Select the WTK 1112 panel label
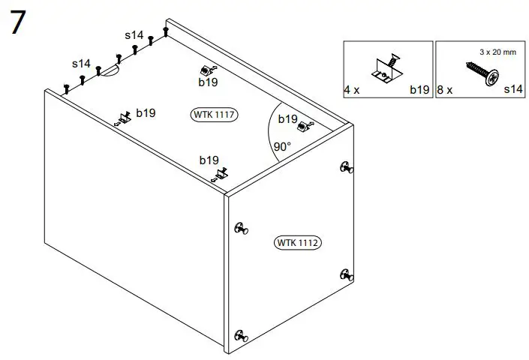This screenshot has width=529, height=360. (x=298, y=242)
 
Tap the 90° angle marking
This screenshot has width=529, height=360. (x=282, y=147)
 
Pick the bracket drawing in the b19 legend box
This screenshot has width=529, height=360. (x=386, y=70)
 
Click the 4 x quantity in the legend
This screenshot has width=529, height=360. (x=352, y=90)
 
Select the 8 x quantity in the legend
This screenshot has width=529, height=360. (x=444, y=90)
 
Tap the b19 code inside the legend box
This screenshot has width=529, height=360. (x=419, y=90)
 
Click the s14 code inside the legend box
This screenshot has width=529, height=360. (x=512, y=90)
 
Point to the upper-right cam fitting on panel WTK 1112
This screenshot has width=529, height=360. (x=345, y=168)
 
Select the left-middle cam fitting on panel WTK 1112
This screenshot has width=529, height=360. (x=240, y=228)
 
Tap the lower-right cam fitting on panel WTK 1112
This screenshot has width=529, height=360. (x=345, y=274)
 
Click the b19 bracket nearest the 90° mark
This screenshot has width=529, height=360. (x=303, y=127)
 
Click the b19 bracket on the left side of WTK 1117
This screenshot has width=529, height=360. (x=122, y=118)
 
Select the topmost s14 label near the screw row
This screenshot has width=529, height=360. (x=134, y=35)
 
